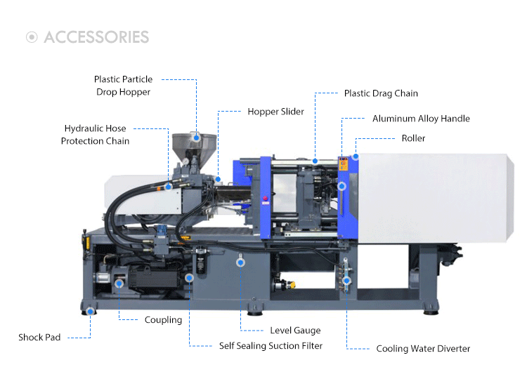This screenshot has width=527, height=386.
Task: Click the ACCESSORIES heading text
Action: pos(96,37)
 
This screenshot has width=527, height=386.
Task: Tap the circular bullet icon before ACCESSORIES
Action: pos(32,37)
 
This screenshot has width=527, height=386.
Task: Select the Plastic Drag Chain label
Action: pos(381,93)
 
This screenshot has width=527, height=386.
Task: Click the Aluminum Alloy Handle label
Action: pos(421,119)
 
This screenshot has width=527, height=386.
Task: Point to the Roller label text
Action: pos(413,138)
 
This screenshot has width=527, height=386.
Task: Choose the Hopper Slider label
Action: pos(275,112)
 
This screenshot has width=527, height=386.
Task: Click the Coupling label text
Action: pos(163,320)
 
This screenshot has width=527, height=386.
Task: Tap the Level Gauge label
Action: pos(295,331)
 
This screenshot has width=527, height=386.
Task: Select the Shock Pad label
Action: pos(39,338)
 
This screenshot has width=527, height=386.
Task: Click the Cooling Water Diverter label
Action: pos(423,349)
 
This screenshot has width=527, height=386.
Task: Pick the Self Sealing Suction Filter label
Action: pos(271,346)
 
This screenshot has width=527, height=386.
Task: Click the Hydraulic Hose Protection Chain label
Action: pos(95,135)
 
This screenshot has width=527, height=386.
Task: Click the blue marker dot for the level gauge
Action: pos(240,262)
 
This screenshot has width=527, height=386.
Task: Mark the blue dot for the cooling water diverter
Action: pos(346,281)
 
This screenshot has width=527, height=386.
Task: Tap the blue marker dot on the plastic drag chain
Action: pos(315,161)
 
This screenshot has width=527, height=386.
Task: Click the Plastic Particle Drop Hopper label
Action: pos(123,86)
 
